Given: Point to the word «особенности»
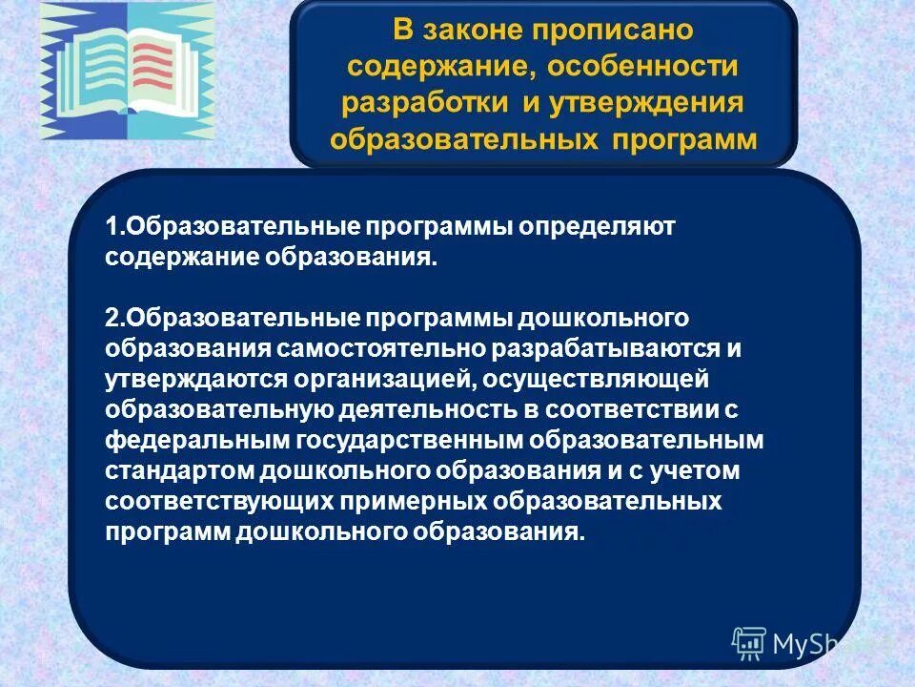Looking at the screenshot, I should pyautogui.click(x=651, y=66).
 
